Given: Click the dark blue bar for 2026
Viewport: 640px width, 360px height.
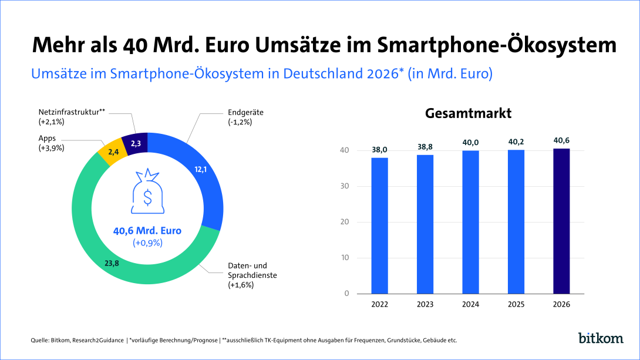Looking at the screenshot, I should [x=561, y=221].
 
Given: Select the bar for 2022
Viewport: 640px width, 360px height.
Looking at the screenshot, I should [x=379, y=226].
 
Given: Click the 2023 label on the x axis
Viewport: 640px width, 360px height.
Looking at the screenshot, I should [x=425, y=304].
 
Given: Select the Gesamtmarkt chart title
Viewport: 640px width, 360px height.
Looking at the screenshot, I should [x=468, y=113].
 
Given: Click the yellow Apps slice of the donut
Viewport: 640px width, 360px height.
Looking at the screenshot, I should [x=110, y=154].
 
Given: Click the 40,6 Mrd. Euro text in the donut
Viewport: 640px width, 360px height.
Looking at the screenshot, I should [x=147, y=231].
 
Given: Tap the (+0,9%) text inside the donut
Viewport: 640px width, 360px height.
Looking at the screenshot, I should [x=147, y=243].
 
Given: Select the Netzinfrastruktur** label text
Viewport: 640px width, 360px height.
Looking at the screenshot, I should [x=71, y=112].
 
